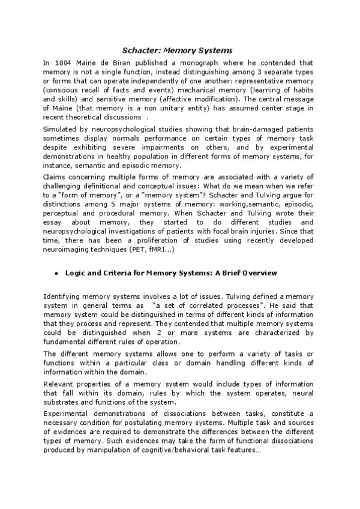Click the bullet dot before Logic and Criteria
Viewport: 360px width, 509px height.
point(55,274)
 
